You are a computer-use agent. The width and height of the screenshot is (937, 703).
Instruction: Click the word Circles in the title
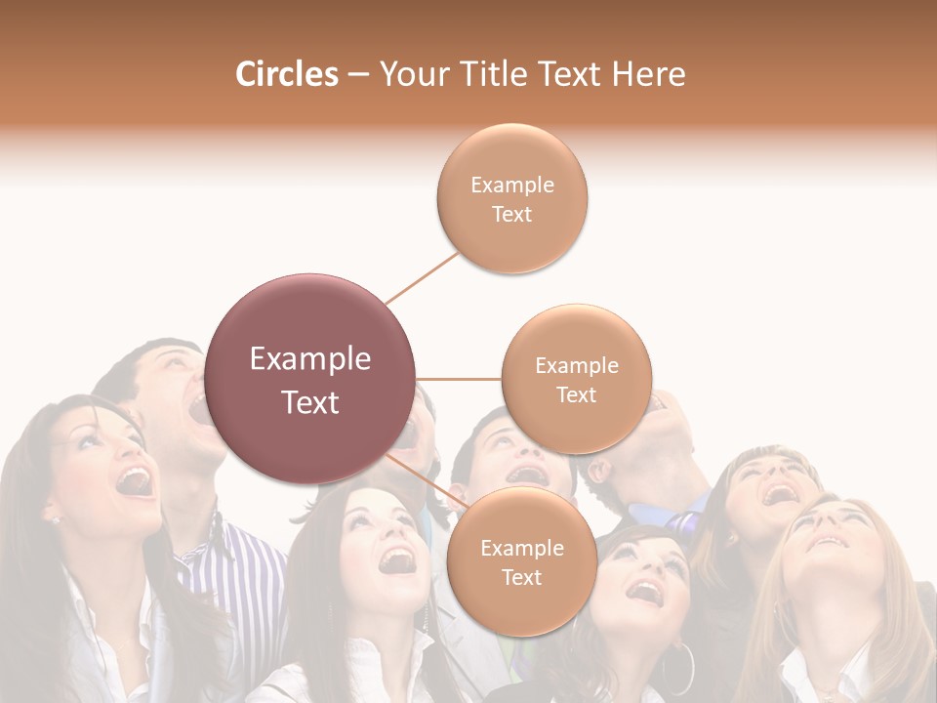[x=287, y=74]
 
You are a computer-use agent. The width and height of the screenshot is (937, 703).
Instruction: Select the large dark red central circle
[x=310, y=379]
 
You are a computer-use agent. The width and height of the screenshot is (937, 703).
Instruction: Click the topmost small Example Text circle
[x=512, y=199]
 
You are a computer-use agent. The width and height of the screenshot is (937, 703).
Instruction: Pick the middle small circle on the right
[x=577, y=380]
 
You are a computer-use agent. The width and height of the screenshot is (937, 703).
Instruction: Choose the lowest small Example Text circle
[x=521, y=562]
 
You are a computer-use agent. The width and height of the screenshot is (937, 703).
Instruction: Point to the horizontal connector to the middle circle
[x=459, y=379]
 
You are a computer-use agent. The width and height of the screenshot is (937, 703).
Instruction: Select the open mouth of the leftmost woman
[x=134, y=480]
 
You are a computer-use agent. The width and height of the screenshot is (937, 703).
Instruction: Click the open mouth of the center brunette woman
[x=398, y=560]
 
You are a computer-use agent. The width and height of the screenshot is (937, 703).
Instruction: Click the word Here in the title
[x=650, y=74]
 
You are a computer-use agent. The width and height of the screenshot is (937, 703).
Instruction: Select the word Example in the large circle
[x=310, y=359]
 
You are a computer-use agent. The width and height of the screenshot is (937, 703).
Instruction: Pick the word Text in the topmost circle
[x=512, y=215]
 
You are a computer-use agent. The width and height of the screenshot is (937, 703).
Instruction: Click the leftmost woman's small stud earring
[x=56, y=519]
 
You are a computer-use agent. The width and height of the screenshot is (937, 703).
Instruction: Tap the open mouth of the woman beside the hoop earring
[x=642, y=591]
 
